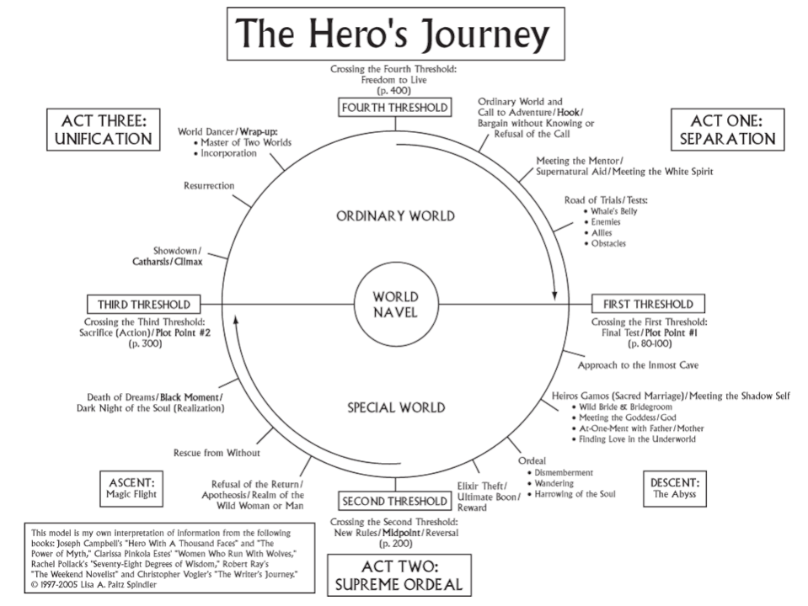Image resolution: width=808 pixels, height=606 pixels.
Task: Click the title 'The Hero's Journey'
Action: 395,34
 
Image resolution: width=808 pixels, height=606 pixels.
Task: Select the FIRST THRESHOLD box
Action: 647,304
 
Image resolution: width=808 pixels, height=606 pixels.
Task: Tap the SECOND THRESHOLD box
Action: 394,502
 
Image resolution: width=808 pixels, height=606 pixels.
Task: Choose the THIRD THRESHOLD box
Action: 143,304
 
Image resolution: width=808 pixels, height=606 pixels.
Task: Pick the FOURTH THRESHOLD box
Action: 394,108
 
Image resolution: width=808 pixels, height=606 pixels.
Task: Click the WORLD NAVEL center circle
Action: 395,305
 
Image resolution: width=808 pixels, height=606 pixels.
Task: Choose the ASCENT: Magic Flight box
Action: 132,487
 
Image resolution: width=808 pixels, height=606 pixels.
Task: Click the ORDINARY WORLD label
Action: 395,215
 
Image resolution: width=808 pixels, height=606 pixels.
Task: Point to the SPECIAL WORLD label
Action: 396,409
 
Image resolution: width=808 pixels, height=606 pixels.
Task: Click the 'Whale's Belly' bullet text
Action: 614,211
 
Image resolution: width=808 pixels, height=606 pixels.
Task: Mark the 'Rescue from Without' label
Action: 217,452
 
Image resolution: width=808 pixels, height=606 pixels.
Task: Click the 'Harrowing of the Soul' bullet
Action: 574,494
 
